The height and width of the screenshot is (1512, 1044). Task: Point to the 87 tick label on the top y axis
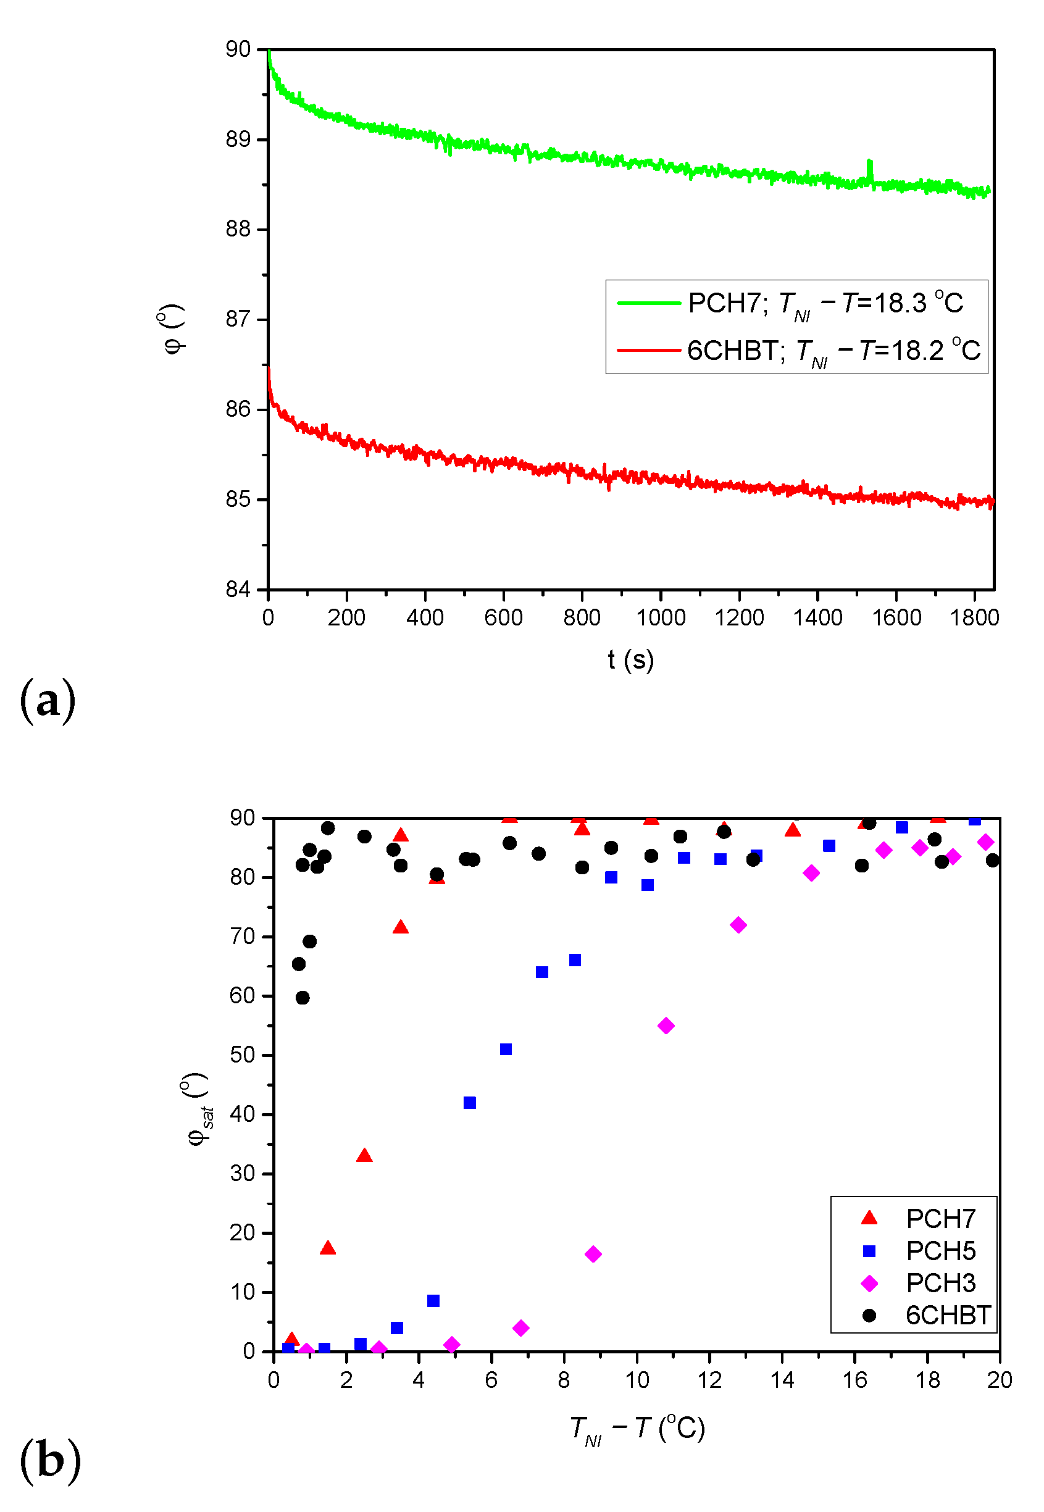pos(238,320)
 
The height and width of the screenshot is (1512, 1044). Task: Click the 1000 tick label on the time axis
pos(661,618)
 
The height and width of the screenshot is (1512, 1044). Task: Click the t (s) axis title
pos(630,660)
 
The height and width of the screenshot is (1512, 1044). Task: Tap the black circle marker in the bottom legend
pos(869,1315)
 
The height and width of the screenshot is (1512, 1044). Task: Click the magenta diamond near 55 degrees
pos(666,1025)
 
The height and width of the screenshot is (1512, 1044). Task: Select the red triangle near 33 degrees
pos(364,1156)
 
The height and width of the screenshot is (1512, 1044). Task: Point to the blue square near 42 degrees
pos(470,1103)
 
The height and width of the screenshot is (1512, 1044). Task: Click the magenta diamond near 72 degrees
pos(738,925)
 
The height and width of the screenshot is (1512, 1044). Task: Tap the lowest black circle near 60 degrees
pos(303,997)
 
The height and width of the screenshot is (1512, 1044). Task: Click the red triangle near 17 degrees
pos(328,1248)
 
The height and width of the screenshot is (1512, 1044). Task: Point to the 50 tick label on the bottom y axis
pos(242,1055)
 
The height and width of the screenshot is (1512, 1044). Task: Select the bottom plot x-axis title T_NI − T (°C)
pos(637,1429)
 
